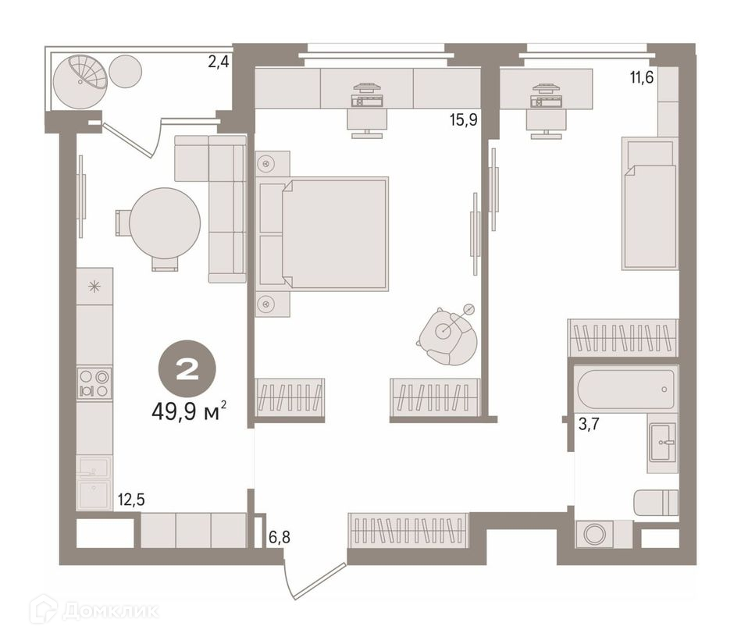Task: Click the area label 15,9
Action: (x=463, y=120)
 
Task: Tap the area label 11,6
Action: (x=641, y=77)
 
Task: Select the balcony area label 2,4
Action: (x=219, y=62)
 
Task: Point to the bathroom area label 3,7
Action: (x=589, y=424)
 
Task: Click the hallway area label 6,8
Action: (x=279, y=537)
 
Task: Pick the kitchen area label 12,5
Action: (x=131, y=500)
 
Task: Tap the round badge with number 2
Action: (x=187, y=368)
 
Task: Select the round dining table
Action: (x=165, y=223)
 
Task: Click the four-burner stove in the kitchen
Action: (x=94, y=383)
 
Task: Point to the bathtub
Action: (x=625, y=389)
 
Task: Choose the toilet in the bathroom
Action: (x=656, y=503)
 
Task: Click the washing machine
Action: (x=594, y=535)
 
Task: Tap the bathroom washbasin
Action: (x=663, y=443)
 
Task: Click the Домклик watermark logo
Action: (x=94, y=611)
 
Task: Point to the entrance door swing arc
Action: (x=287, y=581)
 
